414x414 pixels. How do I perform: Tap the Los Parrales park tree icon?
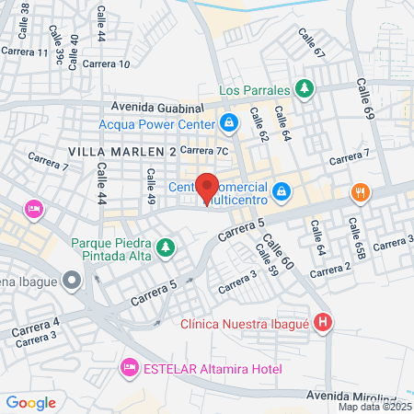click(305, 89)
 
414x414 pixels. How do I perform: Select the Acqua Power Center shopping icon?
click(228, 121)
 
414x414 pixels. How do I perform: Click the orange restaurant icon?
click(359, 192)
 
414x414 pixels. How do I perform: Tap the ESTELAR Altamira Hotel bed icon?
click(129, 368)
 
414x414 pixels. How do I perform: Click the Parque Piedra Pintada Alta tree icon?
click(166, 247)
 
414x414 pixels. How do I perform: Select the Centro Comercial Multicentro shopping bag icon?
click(283, 191)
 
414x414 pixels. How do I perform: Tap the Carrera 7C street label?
click(203, 150)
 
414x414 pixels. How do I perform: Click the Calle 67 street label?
click(312, 42)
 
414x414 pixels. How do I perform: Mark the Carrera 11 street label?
click(25, 52)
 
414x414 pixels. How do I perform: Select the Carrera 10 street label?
click(106, 63)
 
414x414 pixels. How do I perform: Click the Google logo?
click(30, 402)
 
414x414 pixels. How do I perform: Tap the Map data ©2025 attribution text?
click(374, 407)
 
